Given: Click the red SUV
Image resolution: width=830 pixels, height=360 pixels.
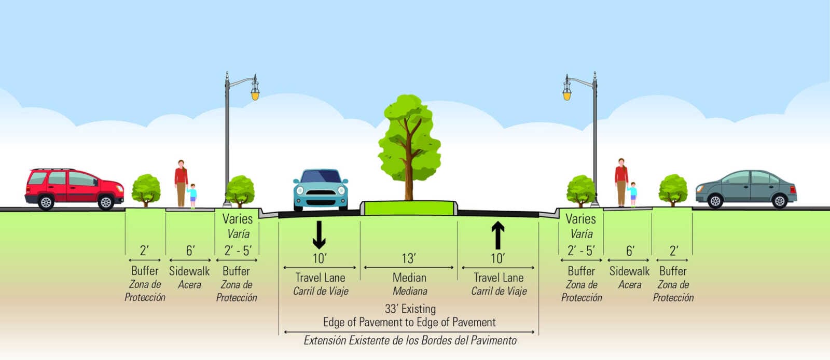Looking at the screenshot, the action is tap(74, 189).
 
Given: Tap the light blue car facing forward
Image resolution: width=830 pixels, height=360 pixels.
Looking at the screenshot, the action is tap(321, 190).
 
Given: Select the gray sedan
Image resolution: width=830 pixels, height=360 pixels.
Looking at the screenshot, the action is tap(746, 189).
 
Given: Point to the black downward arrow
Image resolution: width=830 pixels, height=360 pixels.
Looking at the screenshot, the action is tap(319, 235).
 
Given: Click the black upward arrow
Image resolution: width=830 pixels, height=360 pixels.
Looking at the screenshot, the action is tap(497, 235).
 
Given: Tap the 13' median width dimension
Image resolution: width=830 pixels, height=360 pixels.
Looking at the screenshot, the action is tap(409, 258).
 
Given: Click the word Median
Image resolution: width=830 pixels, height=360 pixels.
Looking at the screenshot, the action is tap(409, 278).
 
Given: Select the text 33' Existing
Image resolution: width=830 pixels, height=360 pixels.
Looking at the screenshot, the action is tap(410, 309).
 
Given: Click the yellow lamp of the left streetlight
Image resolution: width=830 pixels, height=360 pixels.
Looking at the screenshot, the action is tap(255, 95).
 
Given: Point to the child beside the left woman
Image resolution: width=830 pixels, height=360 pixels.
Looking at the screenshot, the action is tap(192, 196).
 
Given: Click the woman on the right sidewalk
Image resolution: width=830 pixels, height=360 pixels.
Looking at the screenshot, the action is tap(621, 182).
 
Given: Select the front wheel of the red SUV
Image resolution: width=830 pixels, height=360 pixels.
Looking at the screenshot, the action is tap(106, 202).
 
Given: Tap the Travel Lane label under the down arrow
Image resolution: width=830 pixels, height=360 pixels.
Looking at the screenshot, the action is tap(320, 278).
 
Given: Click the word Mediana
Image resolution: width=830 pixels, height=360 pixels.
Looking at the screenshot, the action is tap(410, 291).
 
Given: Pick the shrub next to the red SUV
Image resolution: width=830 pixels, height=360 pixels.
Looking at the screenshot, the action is tap(146, 190).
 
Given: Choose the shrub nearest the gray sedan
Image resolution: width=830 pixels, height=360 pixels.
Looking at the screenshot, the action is tap(673, 190).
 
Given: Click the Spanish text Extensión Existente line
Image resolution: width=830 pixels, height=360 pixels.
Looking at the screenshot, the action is tap(410, 340).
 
